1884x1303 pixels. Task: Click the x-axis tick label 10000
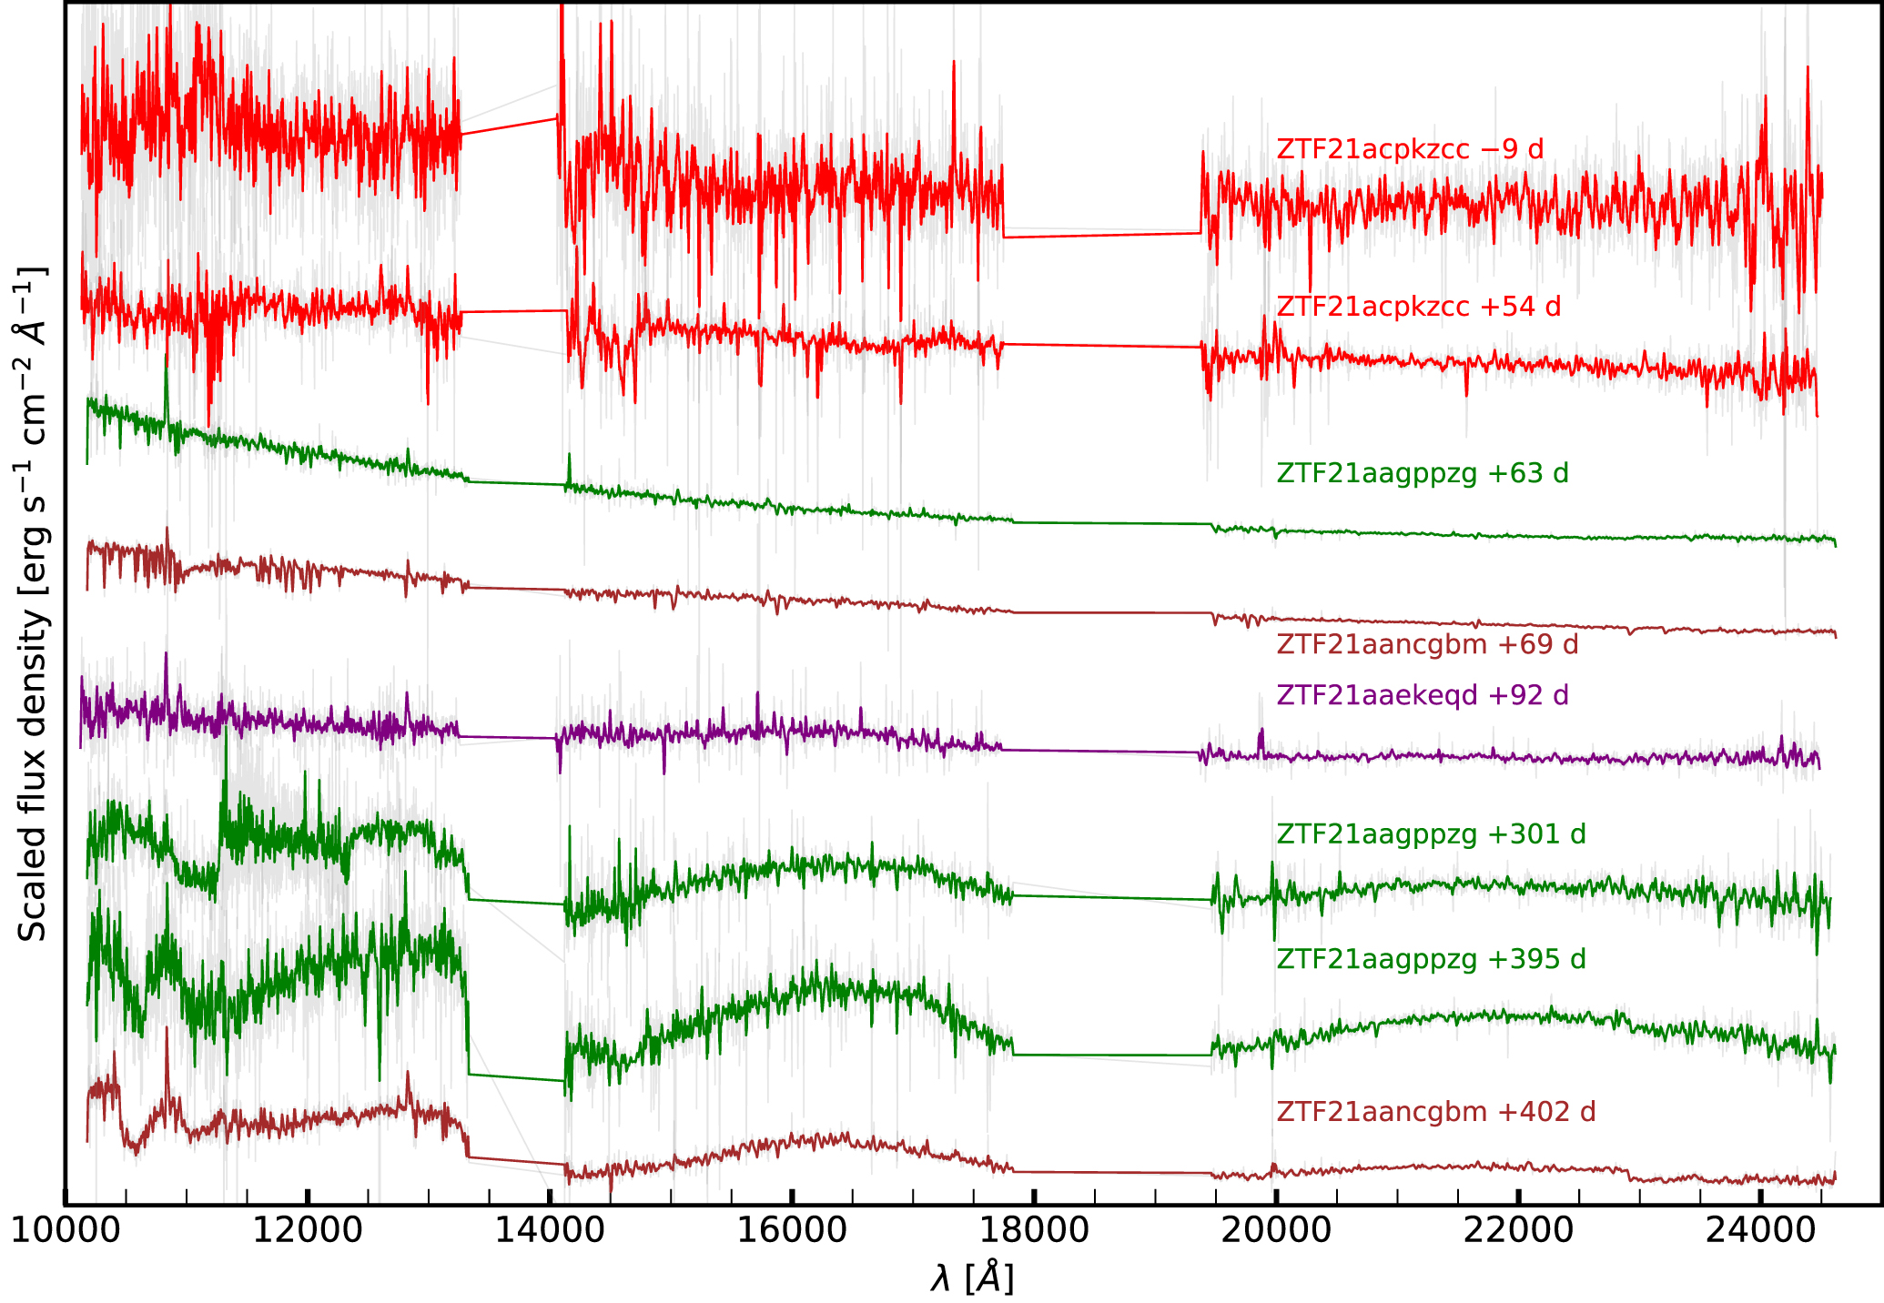(65, 1230)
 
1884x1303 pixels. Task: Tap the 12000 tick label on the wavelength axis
(307, 1230)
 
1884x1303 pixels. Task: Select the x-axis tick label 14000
(549, 1230)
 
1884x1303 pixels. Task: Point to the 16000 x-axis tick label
(791, 1230)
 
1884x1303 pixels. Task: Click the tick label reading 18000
(1033, 1230)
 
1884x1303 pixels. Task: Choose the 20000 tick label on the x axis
(1275, 1230)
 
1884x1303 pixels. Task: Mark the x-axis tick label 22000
(1517, 1230)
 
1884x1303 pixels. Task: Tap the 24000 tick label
(1759, 1230)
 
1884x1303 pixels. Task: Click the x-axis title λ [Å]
(971, 1278)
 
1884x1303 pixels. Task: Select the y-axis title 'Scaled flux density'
(33, 605)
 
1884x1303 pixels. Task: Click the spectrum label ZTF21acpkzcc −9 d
(1410, 149)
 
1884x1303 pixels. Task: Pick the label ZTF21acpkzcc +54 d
(1418, 307)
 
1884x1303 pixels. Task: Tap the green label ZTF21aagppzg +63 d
(1423, 473)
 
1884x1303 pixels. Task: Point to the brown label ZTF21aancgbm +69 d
(1427, 644)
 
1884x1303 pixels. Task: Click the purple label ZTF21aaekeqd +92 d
(1423, 695)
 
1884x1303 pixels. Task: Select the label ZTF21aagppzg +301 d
(1431, 833)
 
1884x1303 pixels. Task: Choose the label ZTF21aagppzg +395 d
(1431, 959)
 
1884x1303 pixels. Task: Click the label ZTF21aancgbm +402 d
(1435, 1112)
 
